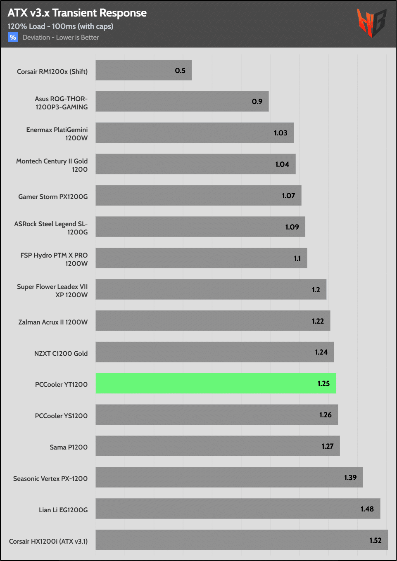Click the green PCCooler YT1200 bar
click(x=216, y=383)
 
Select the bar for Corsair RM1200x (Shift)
click(x=143, y=70)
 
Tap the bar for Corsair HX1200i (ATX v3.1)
click(x=242, y=540)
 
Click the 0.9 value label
click(x=257, y=102)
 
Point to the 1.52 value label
click(x=375, y=540)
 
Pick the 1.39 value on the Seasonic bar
click(x=350, y=478)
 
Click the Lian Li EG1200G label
click(x=63, y=510)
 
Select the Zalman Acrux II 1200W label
click(x=53, y=322)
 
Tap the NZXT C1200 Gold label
click(x=61, y=353)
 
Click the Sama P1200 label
click(x=69, y=447)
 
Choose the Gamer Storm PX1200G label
click(x=53, y=196)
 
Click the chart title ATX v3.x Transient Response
click(x=77, y=13)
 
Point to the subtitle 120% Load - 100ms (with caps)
click(x=60, y=26)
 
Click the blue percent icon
click(x=13, y=37)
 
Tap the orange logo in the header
click(x=371, y=23)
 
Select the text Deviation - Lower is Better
click(x=61, y=38)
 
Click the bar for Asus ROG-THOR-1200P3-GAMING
click(x=182, y=102)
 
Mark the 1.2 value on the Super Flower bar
click(x=316, y=290)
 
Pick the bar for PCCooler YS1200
click(x=216, y=415)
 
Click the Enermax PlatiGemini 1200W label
click(x=57, y=134)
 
